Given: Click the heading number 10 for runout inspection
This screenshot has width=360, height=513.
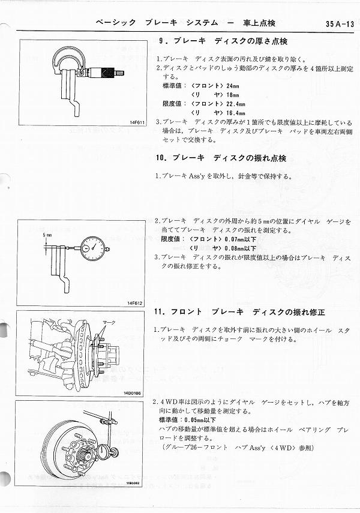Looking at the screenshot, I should (x=161, y=158).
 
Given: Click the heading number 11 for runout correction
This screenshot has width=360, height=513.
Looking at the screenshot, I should (x=161, y=313).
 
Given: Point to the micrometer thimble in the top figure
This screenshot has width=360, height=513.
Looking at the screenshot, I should (x=106, y=71).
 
